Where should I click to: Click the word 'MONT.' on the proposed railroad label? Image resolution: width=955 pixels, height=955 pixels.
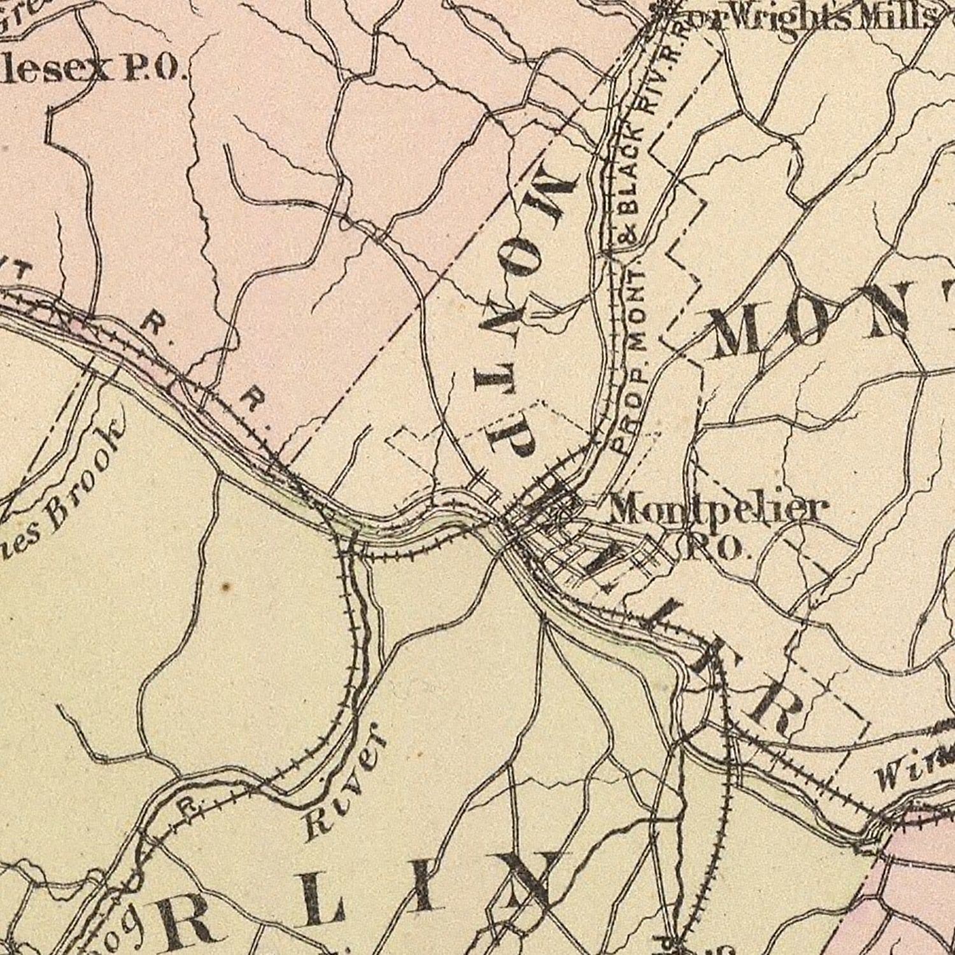(x=637, y=306)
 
